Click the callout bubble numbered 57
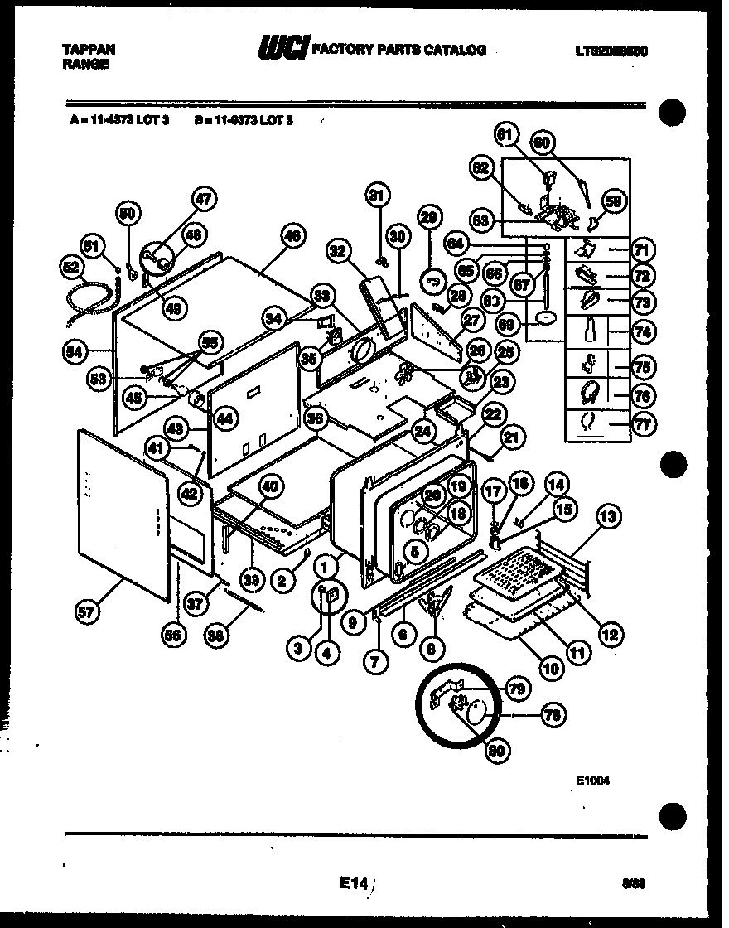click(x=87, y=612)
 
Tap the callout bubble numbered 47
click(x=204, y=199)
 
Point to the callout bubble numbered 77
click(x=642, y=424)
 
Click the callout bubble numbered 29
click(x=428, y=218)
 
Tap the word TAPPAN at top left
click(x=89, y=50)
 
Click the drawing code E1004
click(x=592, y=779)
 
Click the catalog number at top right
click(x=610, y=51)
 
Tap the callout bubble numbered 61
click(x=506, y=136)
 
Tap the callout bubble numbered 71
click(x=642, y=249)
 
